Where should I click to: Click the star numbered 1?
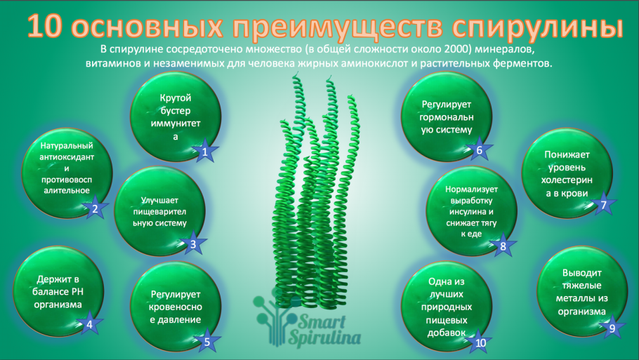(204, 151)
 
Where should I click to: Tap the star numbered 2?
(95, 208)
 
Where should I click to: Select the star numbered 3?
(193, 244)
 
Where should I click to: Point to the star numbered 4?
(89, 324)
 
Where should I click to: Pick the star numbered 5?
(206, 342)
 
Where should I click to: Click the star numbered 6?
(479, 149)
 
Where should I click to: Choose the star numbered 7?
(602, 205)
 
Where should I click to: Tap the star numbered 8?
(503, 246)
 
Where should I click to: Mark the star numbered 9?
(612, 327)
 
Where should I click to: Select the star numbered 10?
(480, 342)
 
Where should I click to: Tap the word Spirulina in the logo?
(325, 339)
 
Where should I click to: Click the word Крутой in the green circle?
(175, 98)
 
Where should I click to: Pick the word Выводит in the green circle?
(582, 273)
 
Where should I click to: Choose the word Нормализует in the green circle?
(471, 189)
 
